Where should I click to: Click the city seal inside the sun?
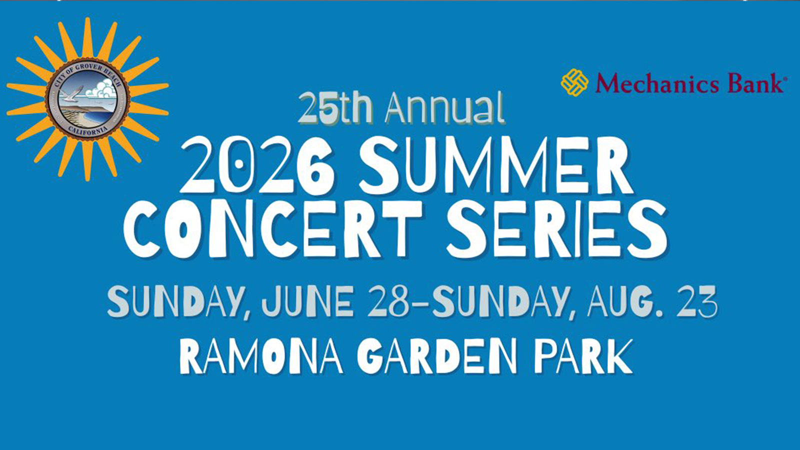pyautogui.click(x=88, y=99)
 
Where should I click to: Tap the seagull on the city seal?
pyautogui.click(x=72, y=93)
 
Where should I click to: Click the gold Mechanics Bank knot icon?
pyautogui.click(x=574, y=82)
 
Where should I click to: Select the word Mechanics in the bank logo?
pyautogui.click(x=657, y=83)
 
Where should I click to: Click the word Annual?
pyautogui.click(x=444, y=108)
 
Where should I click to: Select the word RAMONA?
pyautogui.click(x=261, y=355)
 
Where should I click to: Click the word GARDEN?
pyautogui.click(x=437, y=355)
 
